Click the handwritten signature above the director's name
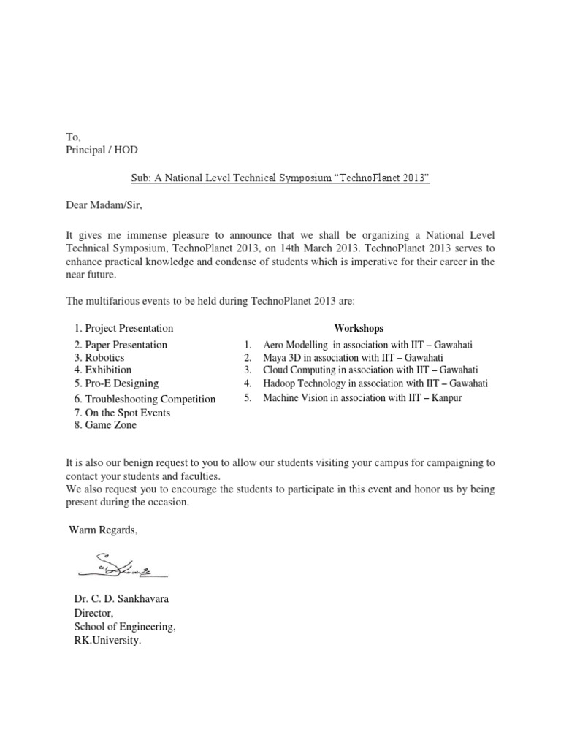[x=120, y=564]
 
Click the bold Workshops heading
[x=359, y=329]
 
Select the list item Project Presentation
[x=123, y=329]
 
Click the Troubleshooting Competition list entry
[x=145, y=399]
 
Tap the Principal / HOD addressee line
[x=101, y=150]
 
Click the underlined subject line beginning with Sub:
[x=280, y=178]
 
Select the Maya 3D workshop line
[x=354, y=357]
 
